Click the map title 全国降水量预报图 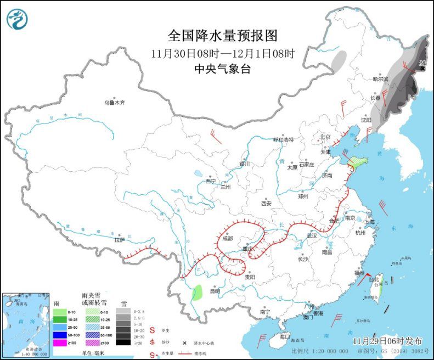click(x=223, y=36)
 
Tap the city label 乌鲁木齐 click(x=115, y=102)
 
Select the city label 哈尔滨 click(x=380, y=80)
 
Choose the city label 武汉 click(x=312, y=235)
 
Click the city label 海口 click(x=284, y=336)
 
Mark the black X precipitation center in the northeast click(x=421, y=69)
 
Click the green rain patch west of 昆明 click(x=197, y=292)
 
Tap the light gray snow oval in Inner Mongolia click(x=340, y=60)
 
